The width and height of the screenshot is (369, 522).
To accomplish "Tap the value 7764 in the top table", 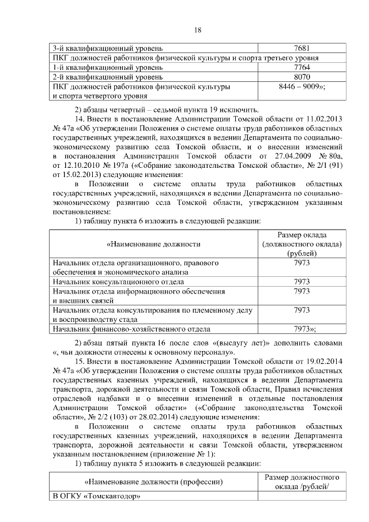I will pyautogui.click(x=302, y=67).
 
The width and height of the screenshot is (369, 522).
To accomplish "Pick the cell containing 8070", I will pyautogui.click(x=302, y=77).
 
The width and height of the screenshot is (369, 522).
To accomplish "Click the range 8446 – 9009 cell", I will pyautogui.click(x=302, y=87).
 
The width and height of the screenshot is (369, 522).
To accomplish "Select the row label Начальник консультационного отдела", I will pyautogui.click(x=118, y=281).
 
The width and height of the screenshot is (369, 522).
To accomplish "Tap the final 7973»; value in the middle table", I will pyautogui.click(x=303, y=330).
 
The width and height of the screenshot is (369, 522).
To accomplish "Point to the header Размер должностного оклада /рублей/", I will pyautogui.click(x=302, y=482).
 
